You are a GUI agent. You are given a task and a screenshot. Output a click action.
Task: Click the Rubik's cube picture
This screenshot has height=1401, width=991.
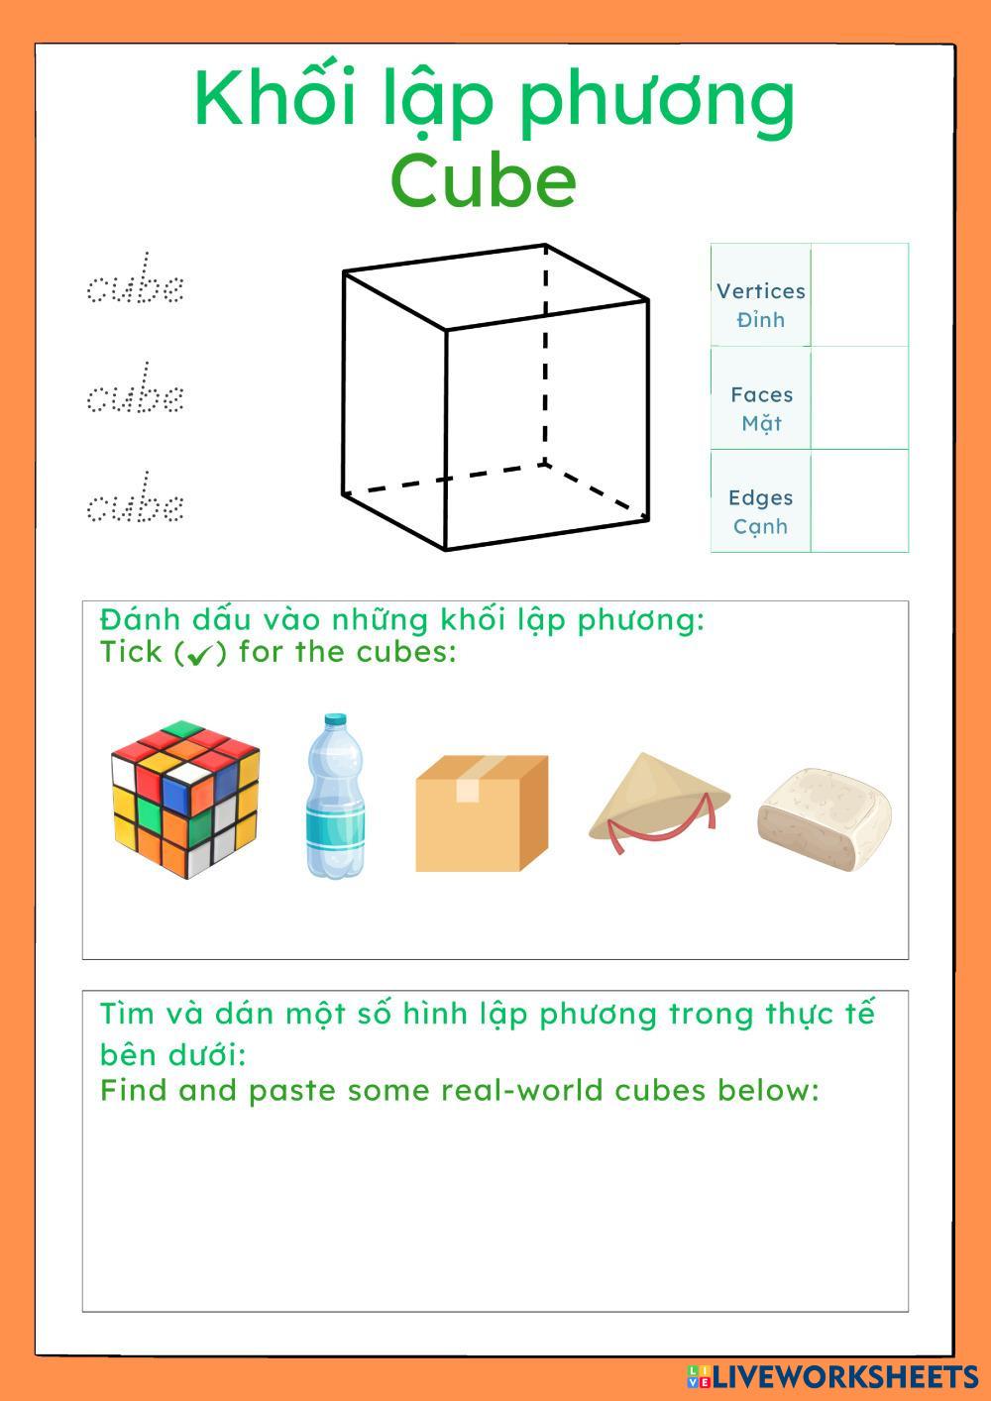tap(185, 799)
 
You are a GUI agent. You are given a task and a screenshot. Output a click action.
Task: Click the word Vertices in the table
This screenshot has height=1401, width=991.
tap(760, 291)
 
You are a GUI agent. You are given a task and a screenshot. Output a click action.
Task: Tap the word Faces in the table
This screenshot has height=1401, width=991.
tap(761, 394)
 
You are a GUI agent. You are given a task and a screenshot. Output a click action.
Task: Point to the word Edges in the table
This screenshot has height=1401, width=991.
tap(760, 497)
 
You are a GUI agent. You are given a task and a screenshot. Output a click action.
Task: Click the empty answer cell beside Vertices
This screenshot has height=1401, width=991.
tap(859, 295)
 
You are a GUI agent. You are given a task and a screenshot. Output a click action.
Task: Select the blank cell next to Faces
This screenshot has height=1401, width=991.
tap(859, 398)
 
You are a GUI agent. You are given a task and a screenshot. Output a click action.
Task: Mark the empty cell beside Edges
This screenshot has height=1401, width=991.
tap(859, 501)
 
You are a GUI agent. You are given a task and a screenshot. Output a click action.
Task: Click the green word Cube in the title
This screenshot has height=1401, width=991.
tap(483, 180)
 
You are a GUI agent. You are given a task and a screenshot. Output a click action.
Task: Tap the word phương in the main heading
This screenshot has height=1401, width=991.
tap(656, 101)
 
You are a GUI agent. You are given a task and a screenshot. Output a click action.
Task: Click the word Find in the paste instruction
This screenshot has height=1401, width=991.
tap(135, 1091)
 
